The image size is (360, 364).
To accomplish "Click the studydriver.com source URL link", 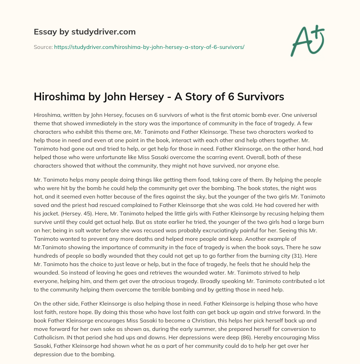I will tap(149, 47).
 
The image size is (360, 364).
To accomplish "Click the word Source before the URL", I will tap(43, 47).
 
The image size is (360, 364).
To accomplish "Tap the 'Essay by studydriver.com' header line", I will tap(84, 32).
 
